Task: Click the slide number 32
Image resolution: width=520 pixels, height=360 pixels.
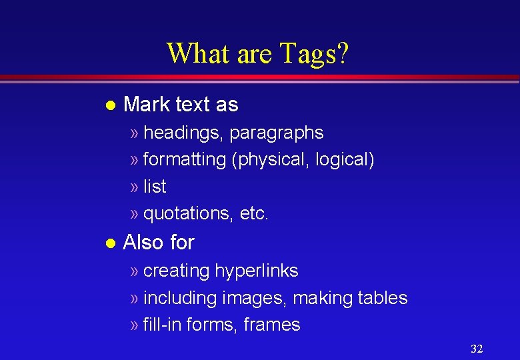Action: coord(477,349)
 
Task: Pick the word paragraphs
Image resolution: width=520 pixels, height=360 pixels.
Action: coord(277,133)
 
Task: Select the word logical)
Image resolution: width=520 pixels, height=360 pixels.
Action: coord(345,160)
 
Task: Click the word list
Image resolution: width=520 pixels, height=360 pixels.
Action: coord(155,187)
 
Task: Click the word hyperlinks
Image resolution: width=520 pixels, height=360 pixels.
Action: coord(257,271)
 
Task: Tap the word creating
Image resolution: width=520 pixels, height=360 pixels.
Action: coord(177,271)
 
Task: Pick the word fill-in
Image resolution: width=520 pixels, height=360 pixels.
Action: coord(163,325)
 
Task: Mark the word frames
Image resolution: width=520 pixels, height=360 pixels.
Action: coord(272,325)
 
